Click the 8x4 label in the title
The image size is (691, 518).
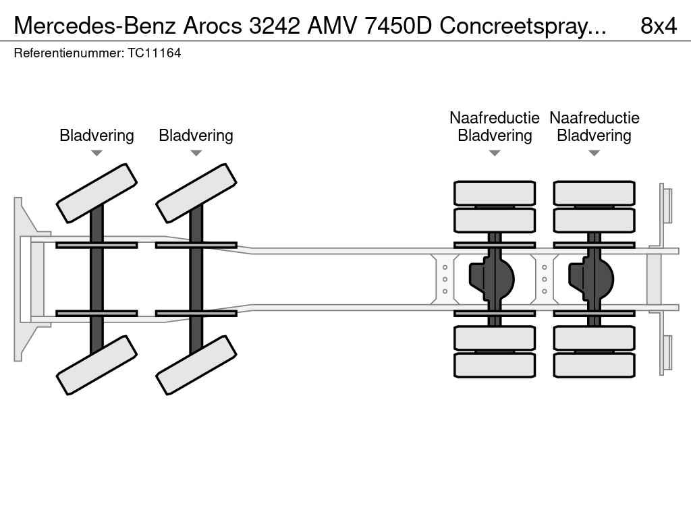click(659, 26)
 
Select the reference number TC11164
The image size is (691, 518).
click(155, 53)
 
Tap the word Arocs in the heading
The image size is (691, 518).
click(213, 26)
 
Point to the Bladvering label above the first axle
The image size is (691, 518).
click(96, 135)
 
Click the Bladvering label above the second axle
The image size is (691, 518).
click(196, 135)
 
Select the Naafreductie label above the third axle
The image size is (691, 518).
click(495, 117)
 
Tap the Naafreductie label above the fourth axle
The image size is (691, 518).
click(594, 117)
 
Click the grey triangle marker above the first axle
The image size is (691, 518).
click(96, 153)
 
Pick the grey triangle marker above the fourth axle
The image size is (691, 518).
click(594, 153)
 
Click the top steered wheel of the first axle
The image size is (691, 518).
click(96, 193)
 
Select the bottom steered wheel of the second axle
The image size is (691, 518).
click(196, 365)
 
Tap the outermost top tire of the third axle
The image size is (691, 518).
click(495, 193)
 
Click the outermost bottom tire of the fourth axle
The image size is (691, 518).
click(594, 365)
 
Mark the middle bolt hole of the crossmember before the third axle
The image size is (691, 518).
click(445, 279)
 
